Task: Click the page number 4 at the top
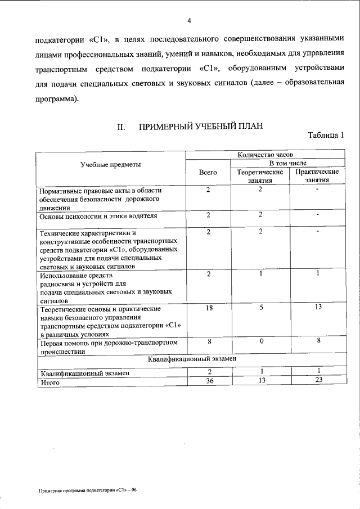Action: click(189, 21)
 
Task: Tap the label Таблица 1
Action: click(326, 136)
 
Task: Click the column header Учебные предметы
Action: click(110, 164)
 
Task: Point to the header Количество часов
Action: click(265, 154)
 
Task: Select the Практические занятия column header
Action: click(317, 176)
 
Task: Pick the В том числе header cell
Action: click(288, 163)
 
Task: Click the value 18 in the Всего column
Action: click(208, 309)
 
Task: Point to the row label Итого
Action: click(49, 382)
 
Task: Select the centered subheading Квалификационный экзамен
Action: click(191, 358)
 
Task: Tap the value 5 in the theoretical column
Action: click(260, 309)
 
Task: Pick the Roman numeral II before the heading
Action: click(120, 128)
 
